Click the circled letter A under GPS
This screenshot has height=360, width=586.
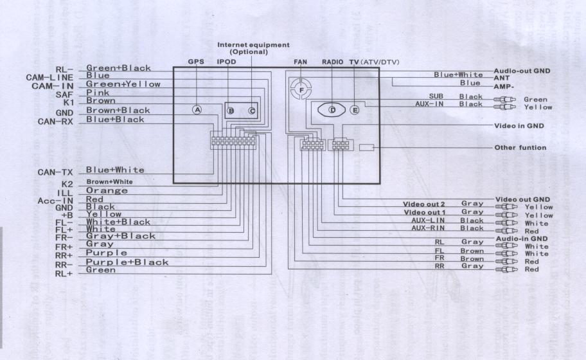click(x=198, y=110)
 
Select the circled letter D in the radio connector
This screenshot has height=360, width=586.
click(x=332, y=110)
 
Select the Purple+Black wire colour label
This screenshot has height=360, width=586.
click(x=127, y=262)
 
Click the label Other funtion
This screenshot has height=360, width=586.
click(x=520, y=147)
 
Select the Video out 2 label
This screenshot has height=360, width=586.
click(x=424, y=204)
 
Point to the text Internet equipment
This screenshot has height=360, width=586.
click(x=253, y=45)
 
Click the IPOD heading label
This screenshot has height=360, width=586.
click(x=227, y=62)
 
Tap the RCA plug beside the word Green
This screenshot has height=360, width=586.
click(x=505, y=100)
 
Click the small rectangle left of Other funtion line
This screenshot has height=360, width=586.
click(x=366, y=147)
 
